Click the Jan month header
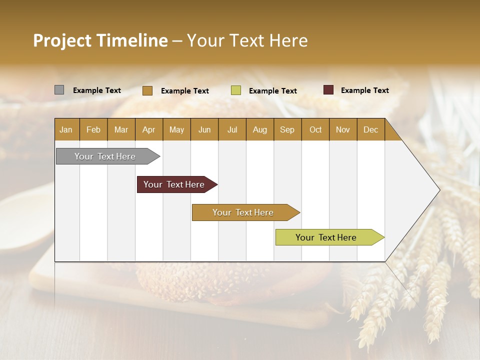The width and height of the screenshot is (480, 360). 66,129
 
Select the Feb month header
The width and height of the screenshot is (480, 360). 93,129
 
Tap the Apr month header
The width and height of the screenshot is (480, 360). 148,129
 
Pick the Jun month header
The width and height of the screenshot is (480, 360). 204,129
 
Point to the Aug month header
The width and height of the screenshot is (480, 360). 259,129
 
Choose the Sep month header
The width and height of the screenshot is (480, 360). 287,129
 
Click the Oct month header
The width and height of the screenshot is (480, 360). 315,129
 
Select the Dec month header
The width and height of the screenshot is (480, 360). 370,129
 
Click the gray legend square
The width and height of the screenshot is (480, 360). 59,90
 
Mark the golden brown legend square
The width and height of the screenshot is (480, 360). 147,90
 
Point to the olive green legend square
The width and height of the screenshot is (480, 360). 236,90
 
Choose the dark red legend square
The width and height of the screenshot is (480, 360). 328,90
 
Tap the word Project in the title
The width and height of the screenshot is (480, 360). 62,40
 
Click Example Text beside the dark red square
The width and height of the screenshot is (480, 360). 364,90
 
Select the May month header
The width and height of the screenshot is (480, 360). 176,129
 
